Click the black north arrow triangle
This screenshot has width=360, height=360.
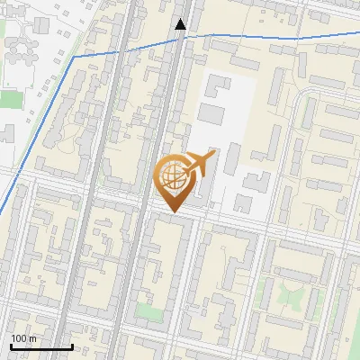(x=180, y=24)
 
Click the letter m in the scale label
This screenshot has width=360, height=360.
(x=31, y=338)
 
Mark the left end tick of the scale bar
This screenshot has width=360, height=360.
(x=11, y=346)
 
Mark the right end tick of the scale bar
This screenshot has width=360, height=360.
(x=72, y=346)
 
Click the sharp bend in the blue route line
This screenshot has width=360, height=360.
(x=74, y=57)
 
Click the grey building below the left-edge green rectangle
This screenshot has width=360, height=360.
(x=6, y=133)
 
